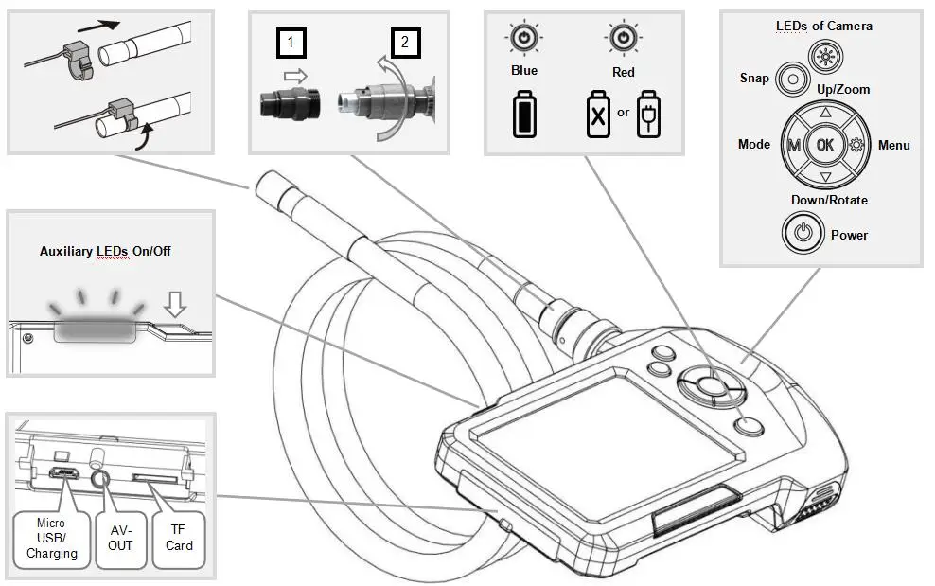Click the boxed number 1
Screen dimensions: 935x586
click(x=291, y=43)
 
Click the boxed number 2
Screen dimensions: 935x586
click(x=405, y=43)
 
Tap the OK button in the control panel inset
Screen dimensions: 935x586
click(x=824, y=145)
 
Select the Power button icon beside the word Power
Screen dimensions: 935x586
click(x=803, y=232)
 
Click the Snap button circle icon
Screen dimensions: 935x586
click(x=792, y=79)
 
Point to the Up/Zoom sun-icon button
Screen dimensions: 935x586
click(x=826, y=57)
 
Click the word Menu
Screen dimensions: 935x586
click(x=894, y=145)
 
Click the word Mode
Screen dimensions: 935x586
click(x=753, y=145)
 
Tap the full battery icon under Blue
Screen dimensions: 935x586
click(x=524, y=114)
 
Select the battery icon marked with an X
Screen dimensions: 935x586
click(x=598, y=114)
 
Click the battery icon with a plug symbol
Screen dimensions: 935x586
click(x=648, y=114)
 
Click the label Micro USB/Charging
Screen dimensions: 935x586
click(x=51, y=538)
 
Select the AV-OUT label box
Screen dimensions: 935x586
click(x=120, y=538)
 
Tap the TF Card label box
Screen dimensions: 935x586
click(x=179, y=538)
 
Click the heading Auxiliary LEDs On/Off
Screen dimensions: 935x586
click(x=105, y=251)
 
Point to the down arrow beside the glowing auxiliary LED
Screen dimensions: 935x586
click(x=175, y=303)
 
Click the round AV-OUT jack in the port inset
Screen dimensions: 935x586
click(x=100, y=479)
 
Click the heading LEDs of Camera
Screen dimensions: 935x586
click(x=823, y=26)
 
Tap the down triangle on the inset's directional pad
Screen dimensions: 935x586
click(x=825, y=177)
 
